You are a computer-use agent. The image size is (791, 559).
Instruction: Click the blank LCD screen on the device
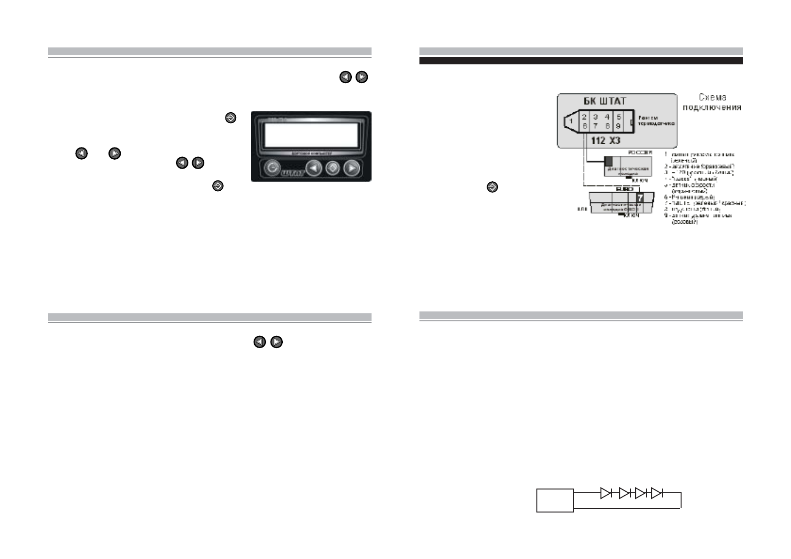[311, 135]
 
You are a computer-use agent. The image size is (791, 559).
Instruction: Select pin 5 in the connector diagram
[619, 116]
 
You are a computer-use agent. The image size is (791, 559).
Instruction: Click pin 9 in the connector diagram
[619, 126]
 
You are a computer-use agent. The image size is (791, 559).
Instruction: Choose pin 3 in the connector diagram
[595, 116]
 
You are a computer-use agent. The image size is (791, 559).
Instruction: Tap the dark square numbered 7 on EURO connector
[640, 198]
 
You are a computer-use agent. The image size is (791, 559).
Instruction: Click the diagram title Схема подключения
[713, 102]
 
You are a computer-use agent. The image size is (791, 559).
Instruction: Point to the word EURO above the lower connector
[614, 189]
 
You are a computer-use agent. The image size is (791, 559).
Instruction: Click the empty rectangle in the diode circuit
[555, 500]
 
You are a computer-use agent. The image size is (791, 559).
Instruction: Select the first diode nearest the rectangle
[606, 493]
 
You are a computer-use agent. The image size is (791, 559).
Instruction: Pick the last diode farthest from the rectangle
[657, 493]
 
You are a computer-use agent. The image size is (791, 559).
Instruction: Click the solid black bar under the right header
[581, 61]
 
